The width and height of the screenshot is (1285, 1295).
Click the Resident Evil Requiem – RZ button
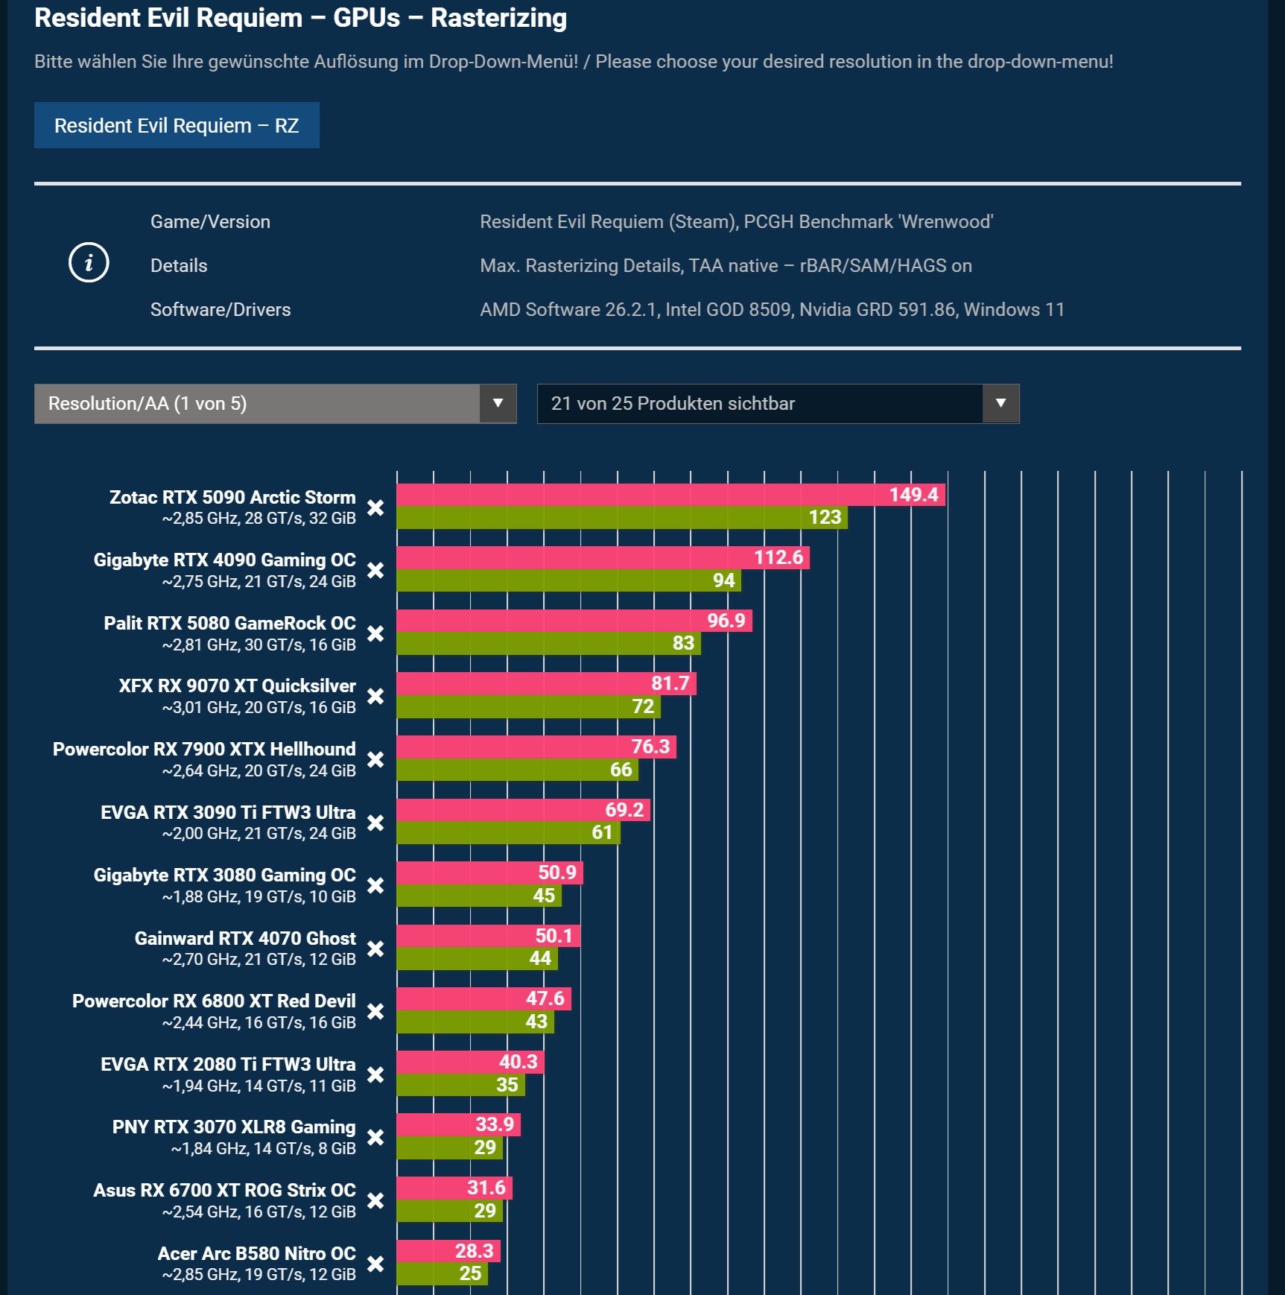click(x=177, y=125)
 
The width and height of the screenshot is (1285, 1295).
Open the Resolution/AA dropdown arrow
click(x=498, y=403)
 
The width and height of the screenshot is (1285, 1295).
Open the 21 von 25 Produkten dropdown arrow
click(x=1000, y=403)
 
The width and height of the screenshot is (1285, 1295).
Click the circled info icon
click(x=89, y=262)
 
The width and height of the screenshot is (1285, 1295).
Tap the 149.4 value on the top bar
click(x=913, y=495)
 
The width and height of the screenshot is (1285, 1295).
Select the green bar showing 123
click(x=621, y=518)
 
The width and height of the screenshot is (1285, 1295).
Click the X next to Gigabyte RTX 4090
click(x=375, y=571)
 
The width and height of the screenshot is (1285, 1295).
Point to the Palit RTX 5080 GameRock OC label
click(x=229, y=623)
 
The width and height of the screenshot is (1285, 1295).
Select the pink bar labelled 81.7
click(x=545, y=683)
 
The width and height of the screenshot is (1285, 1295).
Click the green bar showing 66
click(x=516, y=770)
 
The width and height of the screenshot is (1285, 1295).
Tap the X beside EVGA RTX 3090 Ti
click(x=375, y=823)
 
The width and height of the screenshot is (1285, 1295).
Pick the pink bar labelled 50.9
click(x=489, y=873)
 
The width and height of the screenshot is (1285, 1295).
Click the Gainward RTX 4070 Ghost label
click(x=245, y=938)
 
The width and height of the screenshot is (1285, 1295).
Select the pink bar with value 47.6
click(x=483, y=998)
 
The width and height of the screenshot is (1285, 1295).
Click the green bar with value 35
click(x=460, y=1085)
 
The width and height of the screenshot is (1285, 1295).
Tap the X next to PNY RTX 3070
click(x=375, y=1138)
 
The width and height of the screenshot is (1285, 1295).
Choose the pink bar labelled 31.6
click(x=454, y=1188)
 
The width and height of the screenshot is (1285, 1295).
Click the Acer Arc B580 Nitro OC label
click(x=256, y=1253)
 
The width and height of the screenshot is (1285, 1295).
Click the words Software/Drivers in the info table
click(x=220, y=309)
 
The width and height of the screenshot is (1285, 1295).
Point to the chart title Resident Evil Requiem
click(x=300, y=18)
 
